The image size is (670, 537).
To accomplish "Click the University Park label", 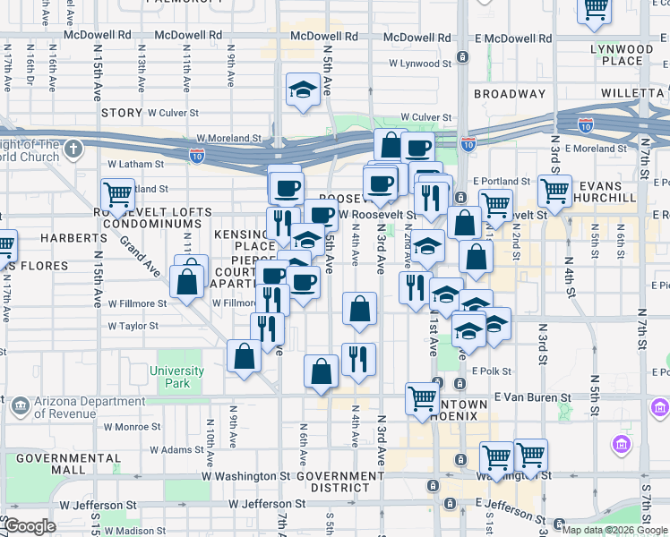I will (177, 377).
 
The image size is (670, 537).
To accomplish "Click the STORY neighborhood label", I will (122, 113).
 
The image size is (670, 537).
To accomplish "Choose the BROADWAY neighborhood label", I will (510, 94).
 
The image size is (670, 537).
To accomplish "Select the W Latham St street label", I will (136, 165).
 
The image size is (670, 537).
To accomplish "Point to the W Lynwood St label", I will (419, 64).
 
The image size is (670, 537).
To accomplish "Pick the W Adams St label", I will (174, 450).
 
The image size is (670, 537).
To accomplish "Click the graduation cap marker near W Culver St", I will (304, 89).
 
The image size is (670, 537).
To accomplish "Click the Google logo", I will (29, 527).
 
